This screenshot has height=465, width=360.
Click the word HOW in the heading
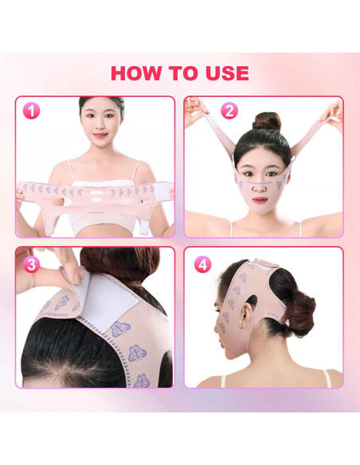coord(137,73)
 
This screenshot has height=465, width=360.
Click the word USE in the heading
coord(227,73)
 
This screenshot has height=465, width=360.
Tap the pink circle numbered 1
coord(31,111)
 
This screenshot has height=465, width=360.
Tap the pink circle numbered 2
coord(229,111)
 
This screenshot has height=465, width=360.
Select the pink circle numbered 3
coord(31,264)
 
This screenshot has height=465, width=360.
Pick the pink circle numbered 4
coord(203,264)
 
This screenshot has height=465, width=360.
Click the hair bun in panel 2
coord(267,121)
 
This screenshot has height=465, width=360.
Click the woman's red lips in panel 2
coord(260,200)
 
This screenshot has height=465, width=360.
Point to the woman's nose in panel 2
coord(260,186)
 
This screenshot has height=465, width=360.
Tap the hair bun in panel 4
coord(299,315)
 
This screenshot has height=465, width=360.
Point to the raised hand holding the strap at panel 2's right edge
coord(333,114)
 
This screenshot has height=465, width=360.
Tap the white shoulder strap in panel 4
coord(327,378)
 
